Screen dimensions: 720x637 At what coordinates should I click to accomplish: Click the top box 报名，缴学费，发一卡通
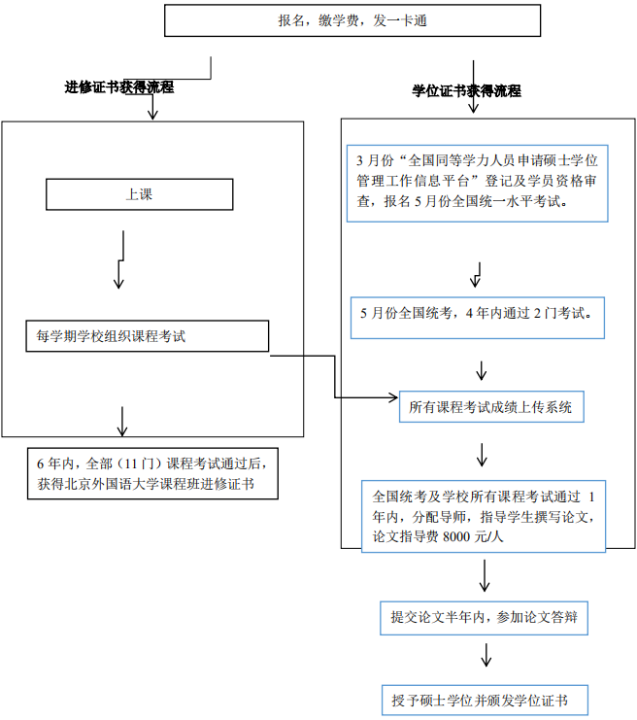pyautogui.click(x=352, y=21)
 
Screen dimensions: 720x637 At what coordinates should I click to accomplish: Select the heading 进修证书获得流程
pyautogui.click(x=119, y=87)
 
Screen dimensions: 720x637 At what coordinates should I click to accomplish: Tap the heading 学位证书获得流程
pyautogui.click(x=467, y=91)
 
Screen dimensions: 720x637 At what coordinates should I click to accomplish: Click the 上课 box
pyautogui.click(x=139, y=194)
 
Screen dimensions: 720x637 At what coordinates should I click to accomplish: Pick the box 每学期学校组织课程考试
pyautogui.click(x=147, y=337)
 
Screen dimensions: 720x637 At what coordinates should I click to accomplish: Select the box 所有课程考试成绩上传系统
pyautogui.click(x=491, y=407)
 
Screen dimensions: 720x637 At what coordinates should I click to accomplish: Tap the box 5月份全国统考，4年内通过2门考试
pyautogui.click(x=476, y=315)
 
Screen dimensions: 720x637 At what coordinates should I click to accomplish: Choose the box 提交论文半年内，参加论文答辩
pyautogui.click(x=485, y=617)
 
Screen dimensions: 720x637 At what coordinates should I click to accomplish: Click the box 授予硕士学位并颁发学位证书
pyautogui.click(x=485, y=700)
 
